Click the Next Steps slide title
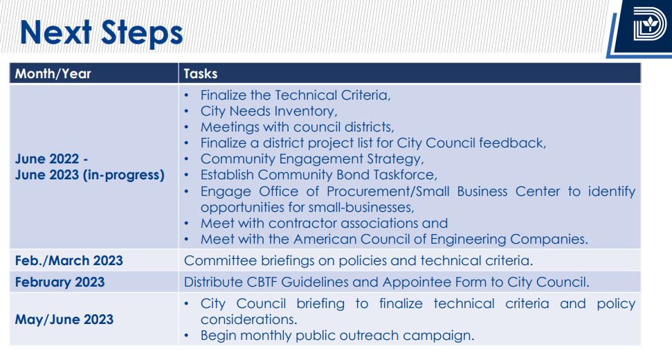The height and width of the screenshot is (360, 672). coord(101,33)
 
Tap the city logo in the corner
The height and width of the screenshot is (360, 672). coord(649,24)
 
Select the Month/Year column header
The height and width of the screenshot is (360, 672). coord(53,73)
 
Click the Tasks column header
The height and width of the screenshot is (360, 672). coord(201,73)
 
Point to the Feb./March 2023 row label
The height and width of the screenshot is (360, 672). coord(69,260)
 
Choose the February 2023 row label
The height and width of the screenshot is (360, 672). coord(60,282)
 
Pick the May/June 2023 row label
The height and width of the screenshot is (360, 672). coord(64,319)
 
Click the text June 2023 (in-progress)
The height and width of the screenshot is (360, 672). coord(89,175)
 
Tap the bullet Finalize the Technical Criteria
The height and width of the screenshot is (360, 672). coord(296,95)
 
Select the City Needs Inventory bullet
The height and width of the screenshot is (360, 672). coord(269,111)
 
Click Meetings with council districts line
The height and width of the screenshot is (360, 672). coord(297,127)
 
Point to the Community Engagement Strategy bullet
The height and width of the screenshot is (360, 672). coord(312,159)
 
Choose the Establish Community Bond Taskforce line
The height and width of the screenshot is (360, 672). coord(319,175)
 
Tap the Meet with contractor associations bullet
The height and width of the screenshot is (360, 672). coord(324,224)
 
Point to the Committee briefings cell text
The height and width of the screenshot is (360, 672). coord(358,260)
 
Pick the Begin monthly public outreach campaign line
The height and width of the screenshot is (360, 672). coord(337,336)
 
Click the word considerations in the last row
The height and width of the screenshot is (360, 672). coord(248,319)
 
